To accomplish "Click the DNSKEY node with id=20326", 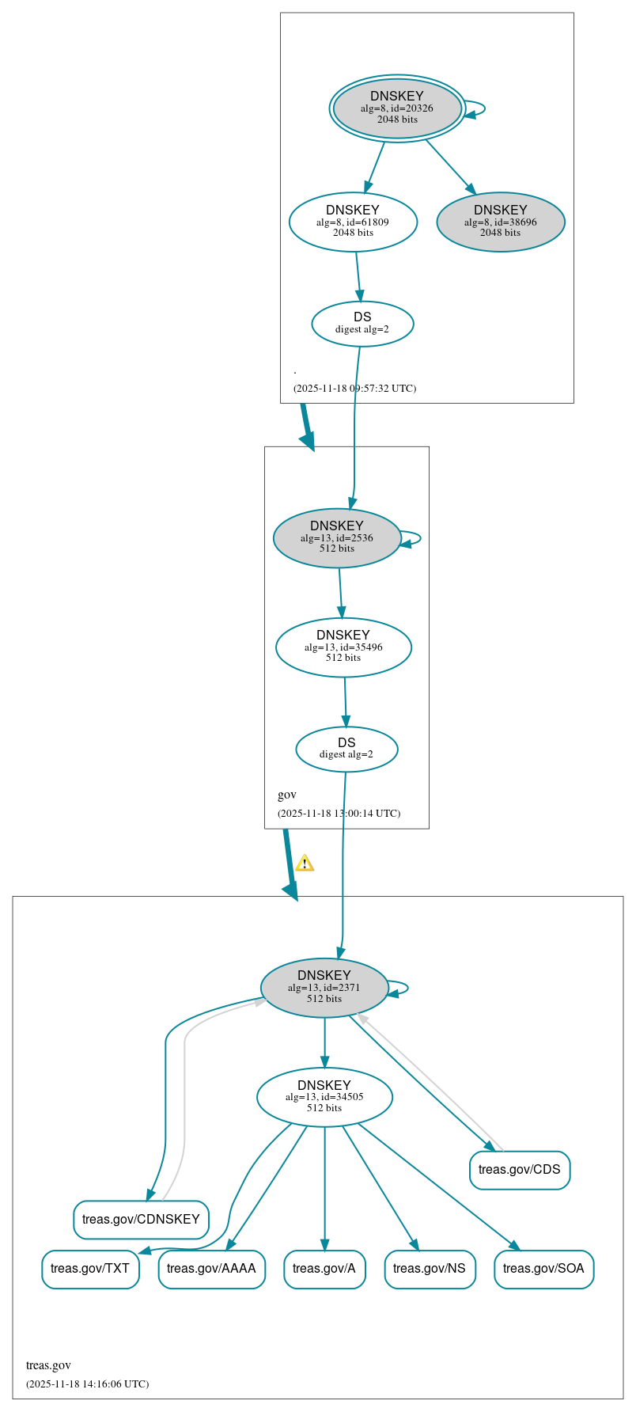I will click(x=397, y=108).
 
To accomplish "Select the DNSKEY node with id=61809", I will click(x=353, y=222).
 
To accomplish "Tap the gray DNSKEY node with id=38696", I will click(x=500, y=222).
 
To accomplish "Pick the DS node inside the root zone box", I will click(x=362, y=323).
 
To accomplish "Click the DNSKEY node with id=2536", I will click(x=337, y=537).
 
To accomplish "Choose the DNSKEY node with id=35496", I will click(x=343, y=647).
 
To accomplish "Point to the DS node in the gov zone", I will click(x=346, y=748).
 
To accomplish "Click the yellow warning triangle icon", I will click(x=305, y=863).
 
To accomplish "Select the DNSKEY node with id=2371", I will click(x=324, y=987).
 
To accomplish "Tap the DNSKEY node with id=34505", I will click(x=324, y=1096).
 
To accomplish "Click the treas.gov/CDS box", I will click(x=519, y=1169).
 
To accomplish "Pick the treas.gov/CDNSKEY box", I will click(x=141, y=1219).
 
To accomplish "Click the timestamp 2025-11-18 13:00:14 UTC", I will click(x=339, y=814).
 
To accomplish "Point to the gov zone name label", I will click(x=287, y=795).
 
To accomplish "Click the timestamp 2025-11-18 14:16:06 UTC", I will click(x=87, y=1384).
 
